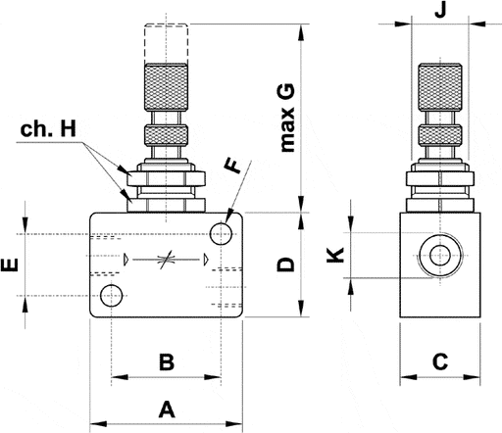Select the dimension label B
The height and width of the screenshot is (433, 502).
(166, 362)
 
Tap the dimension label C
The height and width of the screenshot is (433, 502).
(440, 362)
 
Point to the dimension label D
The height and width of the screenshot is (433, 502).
(285, 265)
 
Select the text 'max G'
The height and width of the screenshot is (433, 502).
(287, 118)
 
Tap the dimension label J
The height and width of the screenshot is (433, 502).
(440, 12)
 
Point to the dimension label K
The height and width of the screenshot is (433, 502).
(334, 257)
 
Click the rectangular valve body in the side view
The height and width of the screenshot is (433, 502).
(441, 294)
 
